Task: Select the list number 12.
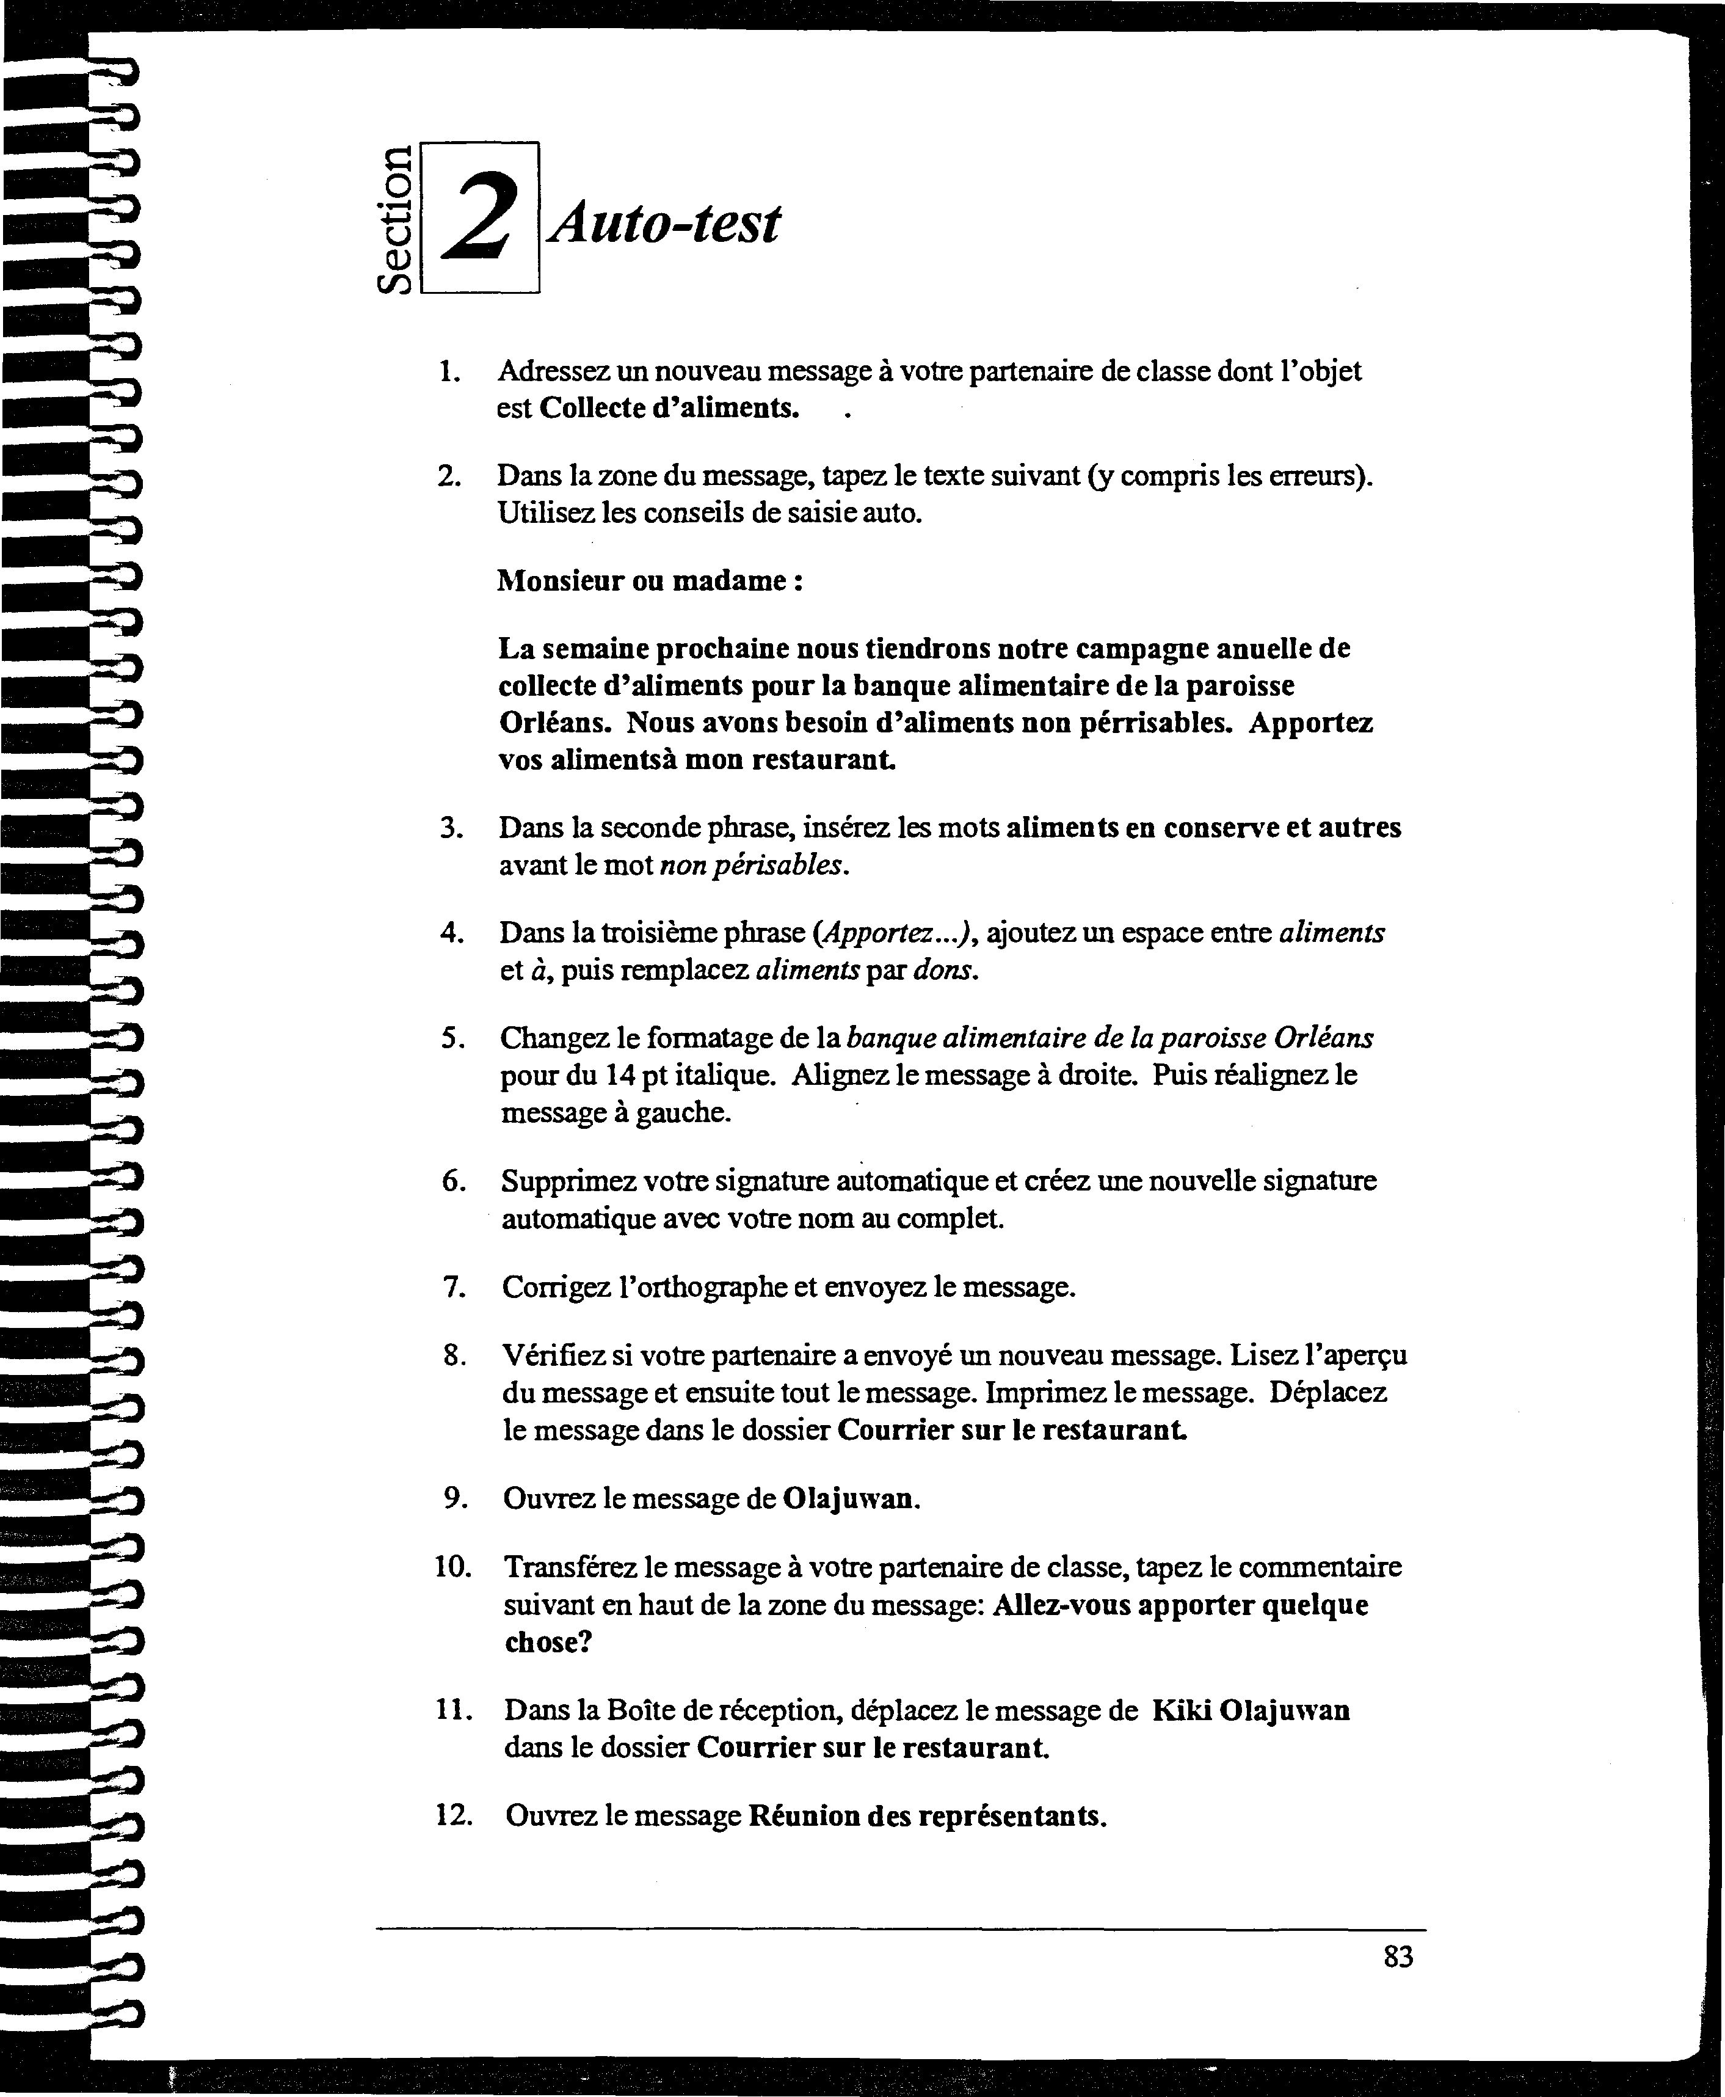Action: (452, 1816)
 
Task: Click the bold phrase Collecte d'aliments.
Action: (669, 409)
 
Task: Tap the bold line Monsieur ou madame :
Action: (650, 580)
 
